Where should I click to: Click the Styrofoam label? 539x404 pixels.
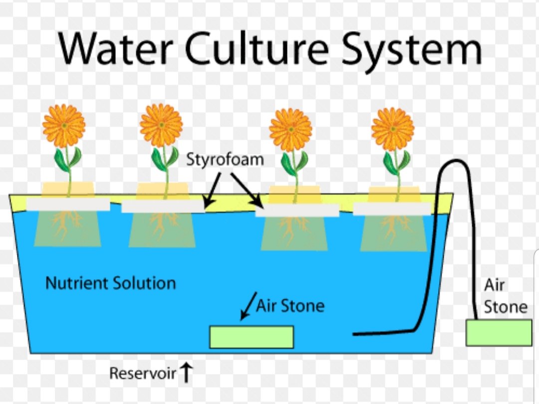coord(225,160)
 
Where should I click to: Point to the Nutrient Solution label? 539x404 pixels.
coord(110,283)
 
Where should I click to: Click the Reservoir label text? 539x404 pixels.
coord(143,373)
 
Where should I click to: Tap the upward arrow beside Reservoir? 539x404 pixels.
coord(186,373)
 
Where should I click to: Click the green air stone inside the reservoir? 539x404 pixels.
coord(251,337)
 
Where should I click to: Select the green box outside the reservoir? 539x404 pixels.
coord(499,333)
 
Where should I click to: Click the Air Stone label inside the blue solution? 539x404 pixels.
coord(290,305)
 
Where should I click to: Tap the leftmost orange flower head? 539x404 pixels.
coord(64,126)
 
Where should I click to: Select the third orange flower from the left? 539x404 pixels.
coord(290,129)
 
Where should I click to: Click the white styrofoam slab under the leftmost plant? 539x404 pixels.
coord(68,204)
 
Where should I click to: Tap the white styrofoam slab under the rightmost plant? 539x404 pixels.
coord(392,208)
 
